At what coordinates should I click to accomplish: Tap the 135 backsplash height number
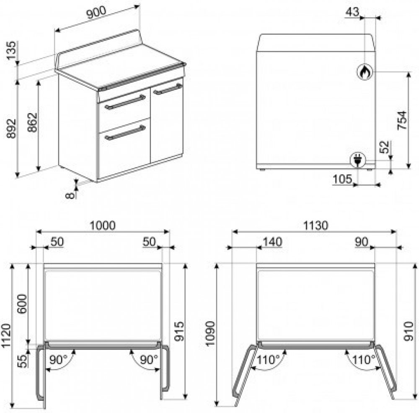click(11, 51)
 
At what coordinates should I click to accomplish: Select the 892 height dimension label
click(11, 129)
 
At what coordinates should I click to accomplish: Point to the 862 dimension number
click(32, 122)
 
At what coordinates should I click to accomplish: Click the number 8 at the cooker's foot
click(70, 195)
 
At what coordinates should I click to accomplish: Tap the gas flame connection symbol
click(365, 72)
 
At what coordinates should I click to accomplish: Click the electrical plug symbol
click(358, 160)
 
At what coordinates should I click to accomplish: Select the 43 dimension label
click(352, 12)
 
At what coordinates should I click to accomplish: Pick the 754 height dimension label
click(402, 121)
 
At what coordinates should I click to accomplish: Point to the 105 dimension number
click(343, 179)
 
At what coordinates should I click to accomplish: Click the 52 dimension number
click(385, 147)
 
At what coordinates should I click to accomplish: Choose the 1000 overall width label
click(103, 226)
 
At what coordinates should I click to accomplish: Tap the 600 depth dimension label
click(22, 304)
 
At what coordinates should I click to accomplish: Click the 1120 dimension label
click(6, 336)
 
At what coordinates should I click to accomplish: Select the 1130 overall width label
click(316, 226)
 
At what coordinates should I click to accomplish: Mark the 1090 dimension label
click(211, 334)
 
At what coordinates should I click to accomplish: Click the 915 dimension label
click(179, 331)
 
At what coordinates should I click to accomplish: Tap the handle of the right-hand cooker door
click(168, 89)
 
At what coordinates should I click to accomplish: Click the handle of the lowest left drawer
click(125, 132)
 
